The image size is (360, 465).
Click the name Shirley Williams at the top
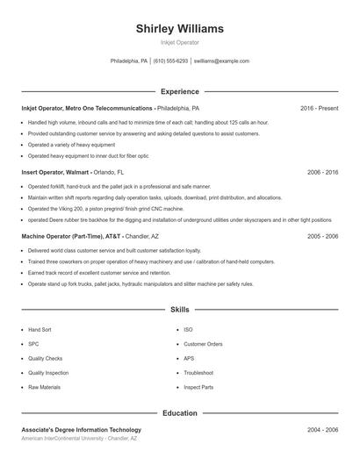click(179, 28)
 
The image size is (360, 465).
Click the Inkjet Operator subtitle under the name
click(179, 42)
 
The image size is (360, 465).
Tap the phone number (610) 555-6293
click(170, 61)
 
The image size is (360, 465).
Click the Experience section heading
click(179, 91)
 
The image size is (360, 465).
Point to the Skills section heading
click(179, 310)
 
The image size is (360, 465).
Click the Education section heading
click(179, 412)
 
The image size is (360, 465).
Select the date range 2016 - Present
click(319, 108)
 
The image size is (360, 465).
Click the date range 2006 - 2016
click(322, 173)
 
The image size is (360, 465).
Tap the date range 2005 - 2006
click(322, 236)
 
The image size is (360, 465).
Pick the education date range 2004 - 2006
click(322, 430)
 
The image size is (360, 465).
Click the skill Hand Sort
click(40, 329)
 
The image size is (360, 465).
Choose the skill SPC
click(33, 344)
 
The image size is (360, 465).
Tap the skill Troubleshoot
click(198, 373)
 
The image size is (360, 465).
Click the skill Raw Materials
click(44, 387)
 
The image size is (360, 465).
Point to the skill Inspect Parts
click(198, 387)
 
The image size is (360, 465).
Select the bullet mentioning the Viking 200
click(105, 210)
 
